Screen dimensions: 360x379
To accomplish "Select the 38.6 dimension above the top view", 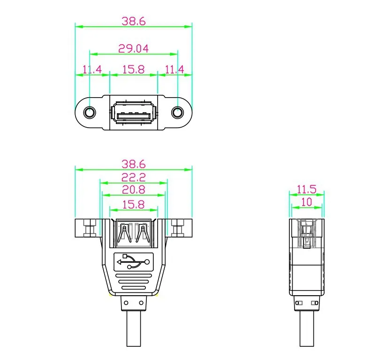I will tap(133, 21).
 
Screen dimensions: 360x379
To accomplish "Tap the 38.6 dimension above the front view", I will tap(133, 164).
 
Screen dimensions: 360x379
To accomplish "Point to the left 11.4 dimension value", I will tap(92, 70).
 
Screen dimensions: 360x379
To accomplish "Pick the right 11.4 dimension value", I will tap(174, 70).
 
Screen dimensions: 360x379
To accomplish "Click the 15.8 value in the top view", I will tap(133, 69).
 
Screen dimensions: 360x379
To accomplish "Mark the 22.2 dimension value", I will tap(133, 177).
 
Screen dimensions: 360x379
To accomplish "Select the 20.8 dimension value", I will tap(133, 190).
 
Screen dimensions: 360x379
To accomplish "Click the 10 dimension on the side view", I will tap(307, 202).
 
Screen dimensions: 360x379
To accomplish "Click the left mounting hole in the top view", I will tap(90, 113).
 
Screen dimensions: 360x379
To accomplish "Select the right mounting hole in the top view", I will tap(177, 113).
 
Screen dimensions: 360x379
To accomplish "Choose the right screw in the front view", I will tap(178, 229).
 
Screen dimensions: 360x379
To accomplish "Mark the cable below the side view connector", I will tap(307, 331).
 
